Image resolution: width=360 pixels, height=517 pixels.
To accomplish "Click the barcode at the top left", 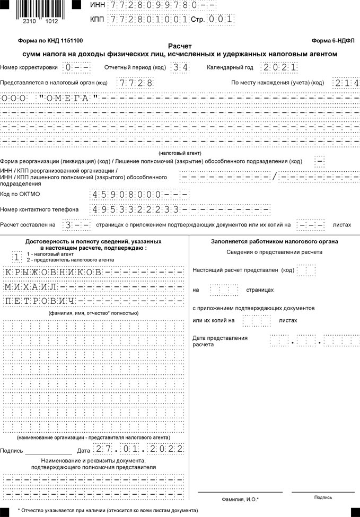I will pos(41,9).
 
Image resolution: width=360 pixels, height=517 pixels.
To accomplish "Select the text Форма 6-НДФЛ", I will pos(335,41).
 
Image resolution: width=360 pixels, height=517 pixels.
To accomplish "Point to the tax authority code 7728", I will pos(135,83).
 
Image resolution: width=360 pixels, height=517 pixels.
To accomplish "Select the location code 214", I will pos(346,83).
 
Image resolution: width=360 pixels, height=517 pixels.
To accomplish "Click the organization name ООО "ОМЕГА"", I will pos(50,98).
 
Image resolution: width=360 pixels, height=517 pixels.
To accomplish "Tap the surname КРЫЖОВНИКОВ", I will pos(53,272).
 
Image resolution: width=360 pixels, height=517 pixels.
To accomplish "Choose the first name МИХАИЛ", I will pos(31,287).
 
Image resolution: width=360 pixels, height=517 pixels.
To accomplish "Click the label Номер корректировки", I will pos(29,68).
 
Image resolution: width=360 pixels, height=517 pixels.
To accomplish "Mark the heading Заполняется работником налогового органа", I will pos(274,242).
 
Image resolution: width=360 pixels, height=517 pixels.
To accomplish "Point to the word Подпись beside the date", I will pos(12,451).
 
